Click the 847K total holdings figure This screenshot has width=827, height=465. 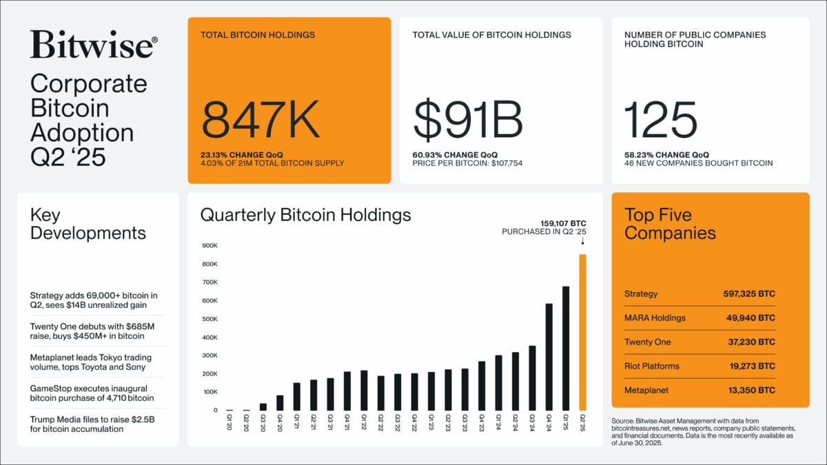coord(261,119)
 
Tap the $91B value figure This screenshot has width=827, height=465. coord(468,119)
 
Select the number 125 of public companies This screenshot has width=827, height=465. coord(661,119)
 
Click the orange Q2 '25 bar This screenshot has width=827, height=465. coord(582,333)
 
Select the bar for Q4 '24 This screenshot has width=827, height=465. coord(549,357)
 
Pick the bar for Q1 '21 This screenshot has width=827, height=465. coord(296,397)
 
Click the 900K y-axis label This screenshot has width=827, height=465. coord(210,245)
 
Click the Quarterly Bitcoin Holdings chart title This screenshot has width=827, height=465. coord(305,215)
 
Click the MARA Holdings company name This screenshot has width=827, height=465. coord(655,318)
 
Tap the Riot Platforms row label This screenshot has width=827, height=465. coord(651,366)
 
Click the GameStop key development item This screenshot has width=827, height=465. coord(92,393)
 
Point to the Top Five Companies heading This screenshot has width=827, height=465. coord(670,224)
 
